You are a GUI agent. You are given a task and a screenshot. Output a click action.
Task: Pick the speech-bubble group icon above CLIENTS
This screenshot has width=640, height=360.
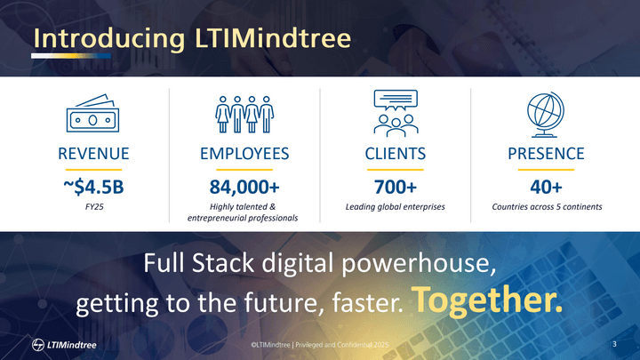coord(395,111)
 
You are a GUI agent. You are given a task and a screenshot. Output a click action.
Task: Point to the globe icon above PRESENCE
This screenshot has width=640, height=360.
coord(546,112)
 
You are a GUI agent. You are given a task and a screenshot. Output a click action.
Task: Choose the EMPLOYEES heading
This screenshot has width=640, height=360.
coord(244,155)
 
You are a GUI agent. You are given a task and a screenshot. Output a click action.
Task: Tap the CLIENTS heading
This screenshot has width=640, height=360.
coord(395,155)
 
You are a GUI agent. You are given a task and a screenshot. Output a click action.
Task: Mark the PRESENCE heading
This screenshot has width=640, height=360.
coord(546,155)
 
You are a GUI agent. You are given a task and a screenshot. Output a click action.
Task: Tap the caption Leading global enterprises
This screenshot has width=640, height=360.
coord(395,206)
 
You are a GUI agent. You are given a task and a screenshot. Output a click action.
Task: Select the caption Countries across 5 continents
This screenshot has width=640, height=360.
coord(546,206)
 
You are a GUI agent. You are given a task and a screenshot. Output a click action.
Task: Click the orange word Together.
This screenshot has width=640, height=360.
coord(488,301)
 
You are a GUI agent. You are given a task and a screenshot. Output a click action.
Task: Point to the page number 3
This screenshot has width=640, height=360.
coord(615,343)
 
